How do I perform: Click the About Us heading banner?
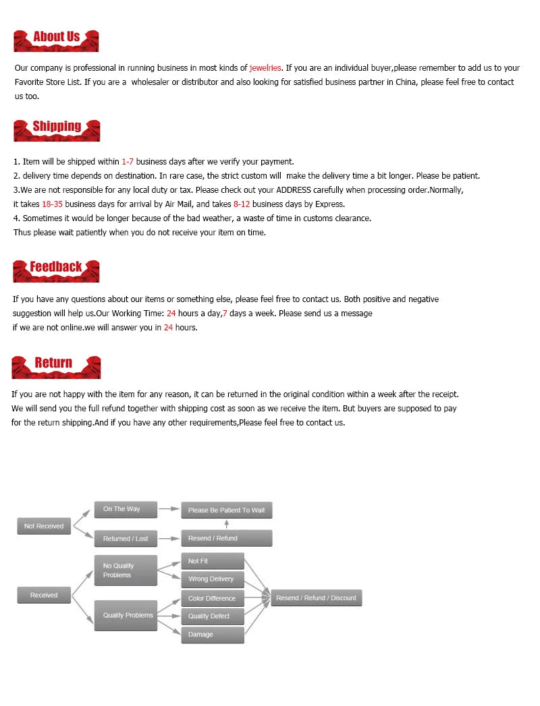56,39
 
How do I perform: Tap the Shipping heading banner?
56,129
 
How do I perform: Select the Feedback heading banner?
56,270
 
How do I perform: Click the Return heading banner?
55,365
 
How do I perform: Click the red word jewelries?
265,68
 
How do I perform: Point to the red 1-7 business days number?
128,162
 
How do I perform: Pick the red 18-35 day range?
52,204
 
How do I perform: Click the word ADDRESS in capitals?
294,190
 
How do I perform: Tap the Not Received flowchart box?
44,526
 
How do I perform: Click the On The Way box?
126,509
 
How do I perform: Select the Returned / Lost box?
126,539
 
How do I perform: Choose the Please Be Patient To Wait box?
227,510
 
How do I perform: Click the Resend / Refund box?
227,538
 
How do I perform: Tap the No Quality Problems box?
126,570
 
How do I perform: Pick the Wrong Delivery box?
212,579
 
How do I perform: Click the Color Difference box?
212,598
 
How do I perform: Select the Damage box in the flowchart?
212,635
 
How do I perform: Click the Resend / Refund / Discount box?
316,598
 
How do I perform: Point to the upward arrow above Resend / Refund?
227,524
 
